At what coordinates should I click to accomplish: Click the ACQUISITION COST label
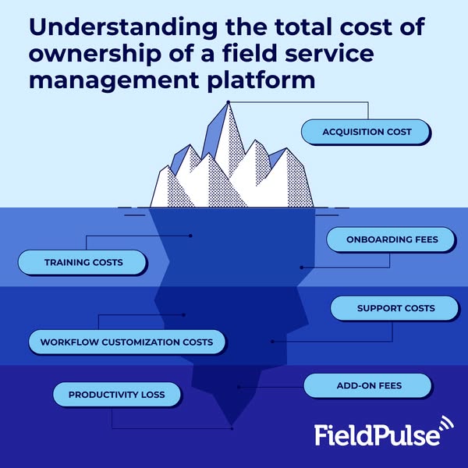pos(367,132)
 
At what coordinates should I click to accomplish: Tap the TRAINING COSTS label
pos(83,262)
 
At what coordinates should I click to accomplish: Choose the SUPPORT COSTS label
pos(395,308)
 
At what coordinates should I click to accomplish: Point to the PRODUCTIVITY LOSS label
pos(116,395)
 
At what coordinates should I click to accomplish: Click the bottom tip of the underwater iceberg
pos(232,427)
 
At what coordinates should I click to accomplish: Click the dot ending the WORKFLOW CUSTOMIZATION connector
pos(183,315)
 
